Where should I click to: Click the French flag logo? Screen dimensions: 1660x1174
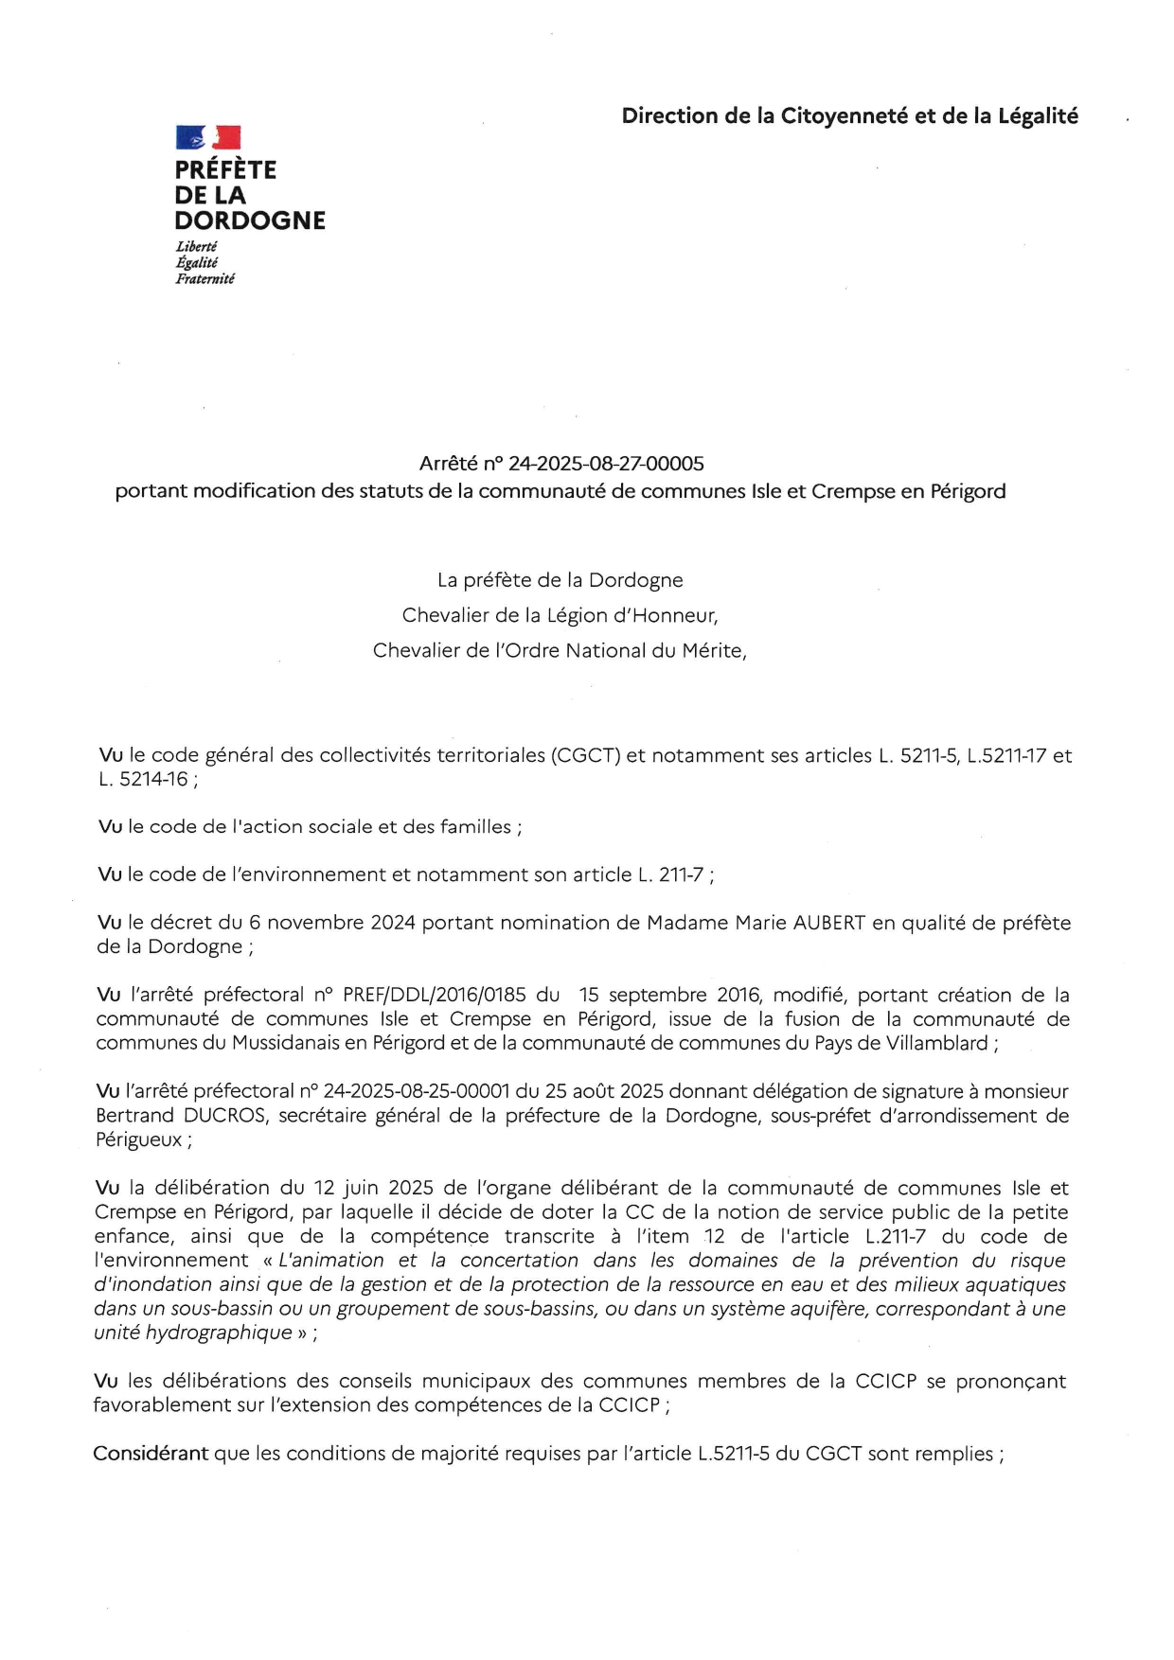coord(208,138)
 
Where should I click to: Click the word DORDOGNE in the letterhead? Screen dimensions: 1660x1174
coord(250,221)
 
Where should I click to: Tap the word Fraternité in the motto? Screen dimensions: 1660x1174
coord(205,279)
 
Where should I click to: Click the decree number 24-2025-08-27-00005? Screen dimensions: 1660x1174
coord(606,464)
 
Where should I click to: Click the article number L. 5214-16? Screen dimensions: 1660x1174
coord(143,780)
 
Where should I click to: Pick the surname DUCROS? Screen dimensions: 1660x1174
coord(225,1116)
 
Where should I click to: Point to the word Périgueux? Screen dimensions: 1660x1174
coord(138,1140)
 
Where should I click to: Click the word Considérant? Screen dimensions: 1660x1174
coord(151,1454)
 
